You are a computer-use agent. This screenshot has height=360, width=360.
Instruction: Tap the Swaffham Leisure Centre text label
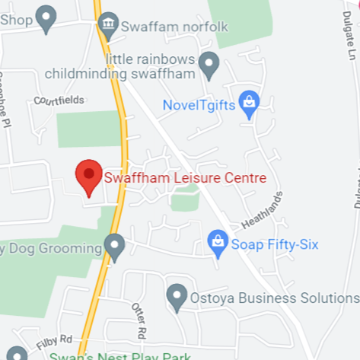[185, 179]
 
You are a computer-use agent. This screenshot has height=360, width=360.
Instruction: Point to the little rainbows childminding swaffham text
[130, 66]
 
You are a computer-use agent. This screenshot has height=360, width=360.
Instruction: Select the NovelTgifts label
[199, 103]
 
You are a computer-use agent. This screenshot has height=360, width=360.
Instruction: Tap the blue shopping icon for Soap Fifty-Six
[218, 244]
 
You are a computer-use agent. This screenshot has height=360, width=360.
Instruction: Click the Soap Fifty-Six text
[275, 245]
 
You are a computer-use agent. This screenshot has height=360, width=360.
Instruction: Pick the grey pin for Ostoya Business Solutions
[177, 297]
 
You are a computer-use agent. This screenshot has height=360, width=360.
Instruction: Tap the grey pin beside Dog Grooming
[114, 246]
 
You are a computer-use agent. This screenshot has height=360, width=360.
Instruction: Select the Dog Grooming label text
[52, 247]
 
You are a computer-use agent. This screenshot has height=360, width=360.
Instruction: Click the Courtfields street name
[59, 100]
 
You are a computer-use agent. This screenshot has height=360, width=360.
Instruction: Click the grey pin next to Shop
[46, 18]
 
